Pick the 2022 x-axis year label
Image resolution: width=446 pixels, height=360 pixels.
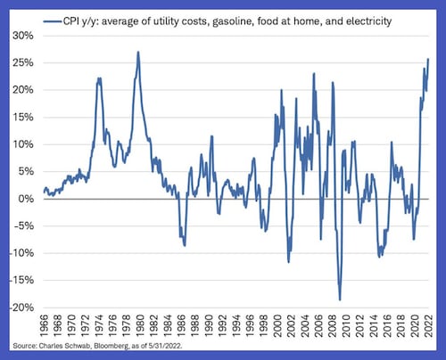427,326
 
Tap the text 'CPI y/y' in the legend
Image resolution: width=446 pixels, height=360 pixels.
82,18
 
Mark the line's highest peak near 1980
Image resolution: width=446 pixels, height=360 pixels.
138,52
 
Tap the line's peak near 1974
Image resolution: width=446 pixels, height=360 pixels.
99,78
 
